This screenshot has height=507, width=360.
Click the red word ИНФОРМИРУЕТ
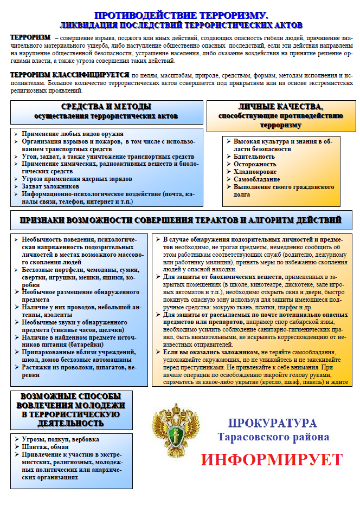272,459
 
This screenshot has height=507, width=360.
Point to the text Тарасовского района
273,437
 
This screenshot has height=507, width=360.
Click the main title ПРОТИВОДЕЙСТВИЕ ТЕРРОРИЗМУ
181,16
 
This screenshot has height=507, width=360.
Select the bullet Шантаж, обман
45,447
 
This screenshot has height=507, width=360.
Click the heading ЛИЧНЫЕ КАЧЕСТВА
281,107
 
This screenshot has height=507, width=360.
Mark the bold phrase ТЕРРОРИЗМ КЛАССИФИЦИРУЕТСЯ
69,75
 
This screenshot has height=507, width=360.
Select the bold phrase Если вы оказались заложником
209,353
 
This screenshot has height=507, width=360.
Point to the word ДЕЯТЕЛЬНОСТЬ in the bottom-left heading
68,422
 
